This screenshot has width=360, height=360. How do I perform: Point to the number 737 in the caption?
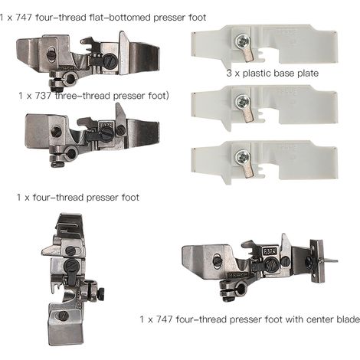pos(42,96)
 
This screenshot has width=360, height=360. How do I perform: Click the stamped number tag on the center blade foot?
pos(270,251)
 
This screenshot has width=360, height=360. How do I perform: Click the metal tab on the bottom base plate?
pos(248,170)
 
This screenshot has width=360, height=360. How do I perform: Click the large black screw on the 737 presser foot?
pos(106,132)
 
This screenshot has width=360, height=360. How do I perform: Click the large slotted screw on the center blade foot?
pos(272,264)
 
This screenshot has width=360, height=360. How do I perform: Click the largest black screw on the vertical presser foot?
pos(70,267)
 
